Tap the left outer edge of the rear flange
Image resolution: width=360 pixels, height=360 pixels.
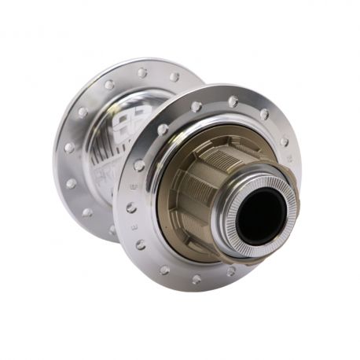coord(57,149)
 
